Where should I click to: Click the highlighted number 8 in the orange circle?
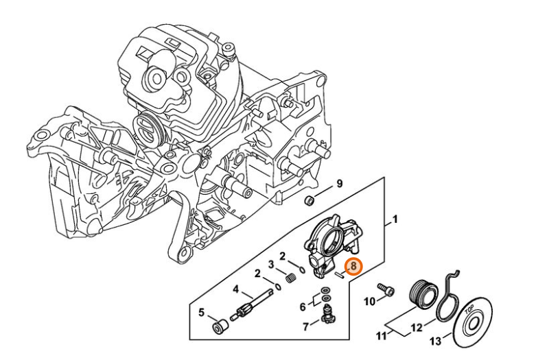(x=352, y=266)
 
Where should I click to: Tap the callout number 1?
(x=395, y=221)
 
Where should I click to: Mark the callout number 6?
(x=303, y=306)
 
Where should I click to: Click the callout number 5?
(x=201, y=313)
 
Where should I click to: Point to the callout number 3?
(x=271, y=265)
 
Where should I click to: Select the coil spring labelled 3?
(x=290, y=278)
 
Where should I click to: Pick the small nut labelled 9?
(x=310, y=200)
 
